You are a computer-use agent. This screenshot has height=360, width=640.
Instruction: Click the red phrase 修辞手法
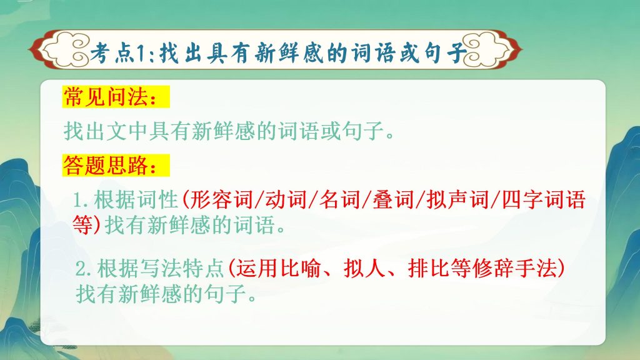[x=519, y=270]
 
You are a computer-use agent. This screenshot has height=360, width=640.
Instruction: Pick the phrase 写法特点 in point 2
[x=180, y=270]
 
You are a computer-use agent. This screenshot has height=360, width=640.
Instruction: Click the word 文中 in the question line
[x=126, y=131]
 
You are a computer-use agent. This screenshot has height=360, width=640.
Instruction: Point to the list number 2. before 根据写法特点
[x=84, y=271]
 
